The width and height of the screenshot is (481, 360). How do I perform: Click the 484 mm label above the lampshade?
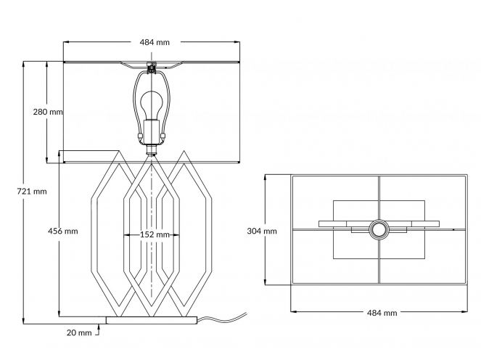155,42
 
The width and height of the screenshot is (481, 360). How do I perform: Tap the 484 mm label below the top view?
382,313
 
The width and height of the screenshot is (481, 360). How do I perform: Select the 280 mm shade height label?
48,112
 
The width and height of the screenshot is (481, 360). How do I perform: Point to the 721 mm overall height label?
32,192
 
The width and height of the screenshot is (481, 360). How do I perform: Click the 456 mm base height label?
63,231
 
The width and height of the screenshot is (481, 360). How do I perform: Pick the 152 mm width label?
155,234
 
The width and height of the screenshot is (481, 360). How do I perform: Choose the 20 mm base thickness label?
79,332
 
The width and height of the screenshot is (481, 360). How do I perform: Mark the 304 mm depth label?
262,231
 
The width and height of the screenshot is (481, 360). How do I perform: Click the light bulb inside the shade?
151,105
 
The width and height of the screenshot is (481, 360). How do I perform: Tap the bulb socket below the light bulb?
151,131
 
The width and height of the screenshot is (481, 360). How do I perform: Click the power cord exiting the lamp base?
221,319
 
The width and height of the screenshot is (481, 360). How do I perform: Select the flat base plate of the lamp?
151,320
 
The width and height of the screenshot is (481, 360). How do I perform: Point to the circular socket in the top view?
379,229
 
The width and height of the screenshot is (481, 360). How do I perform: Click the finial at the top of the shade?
151,67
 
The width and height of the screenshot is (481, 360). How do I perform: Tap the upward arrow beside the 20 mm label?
98,330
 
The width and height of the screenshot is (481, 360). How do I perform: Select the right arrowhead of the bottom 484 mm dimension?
464,311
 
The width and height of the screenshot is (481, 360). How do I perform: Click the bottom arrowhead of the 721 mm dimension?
24,320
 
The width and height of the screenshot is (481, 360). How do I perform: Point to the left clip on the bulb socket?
141,136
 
